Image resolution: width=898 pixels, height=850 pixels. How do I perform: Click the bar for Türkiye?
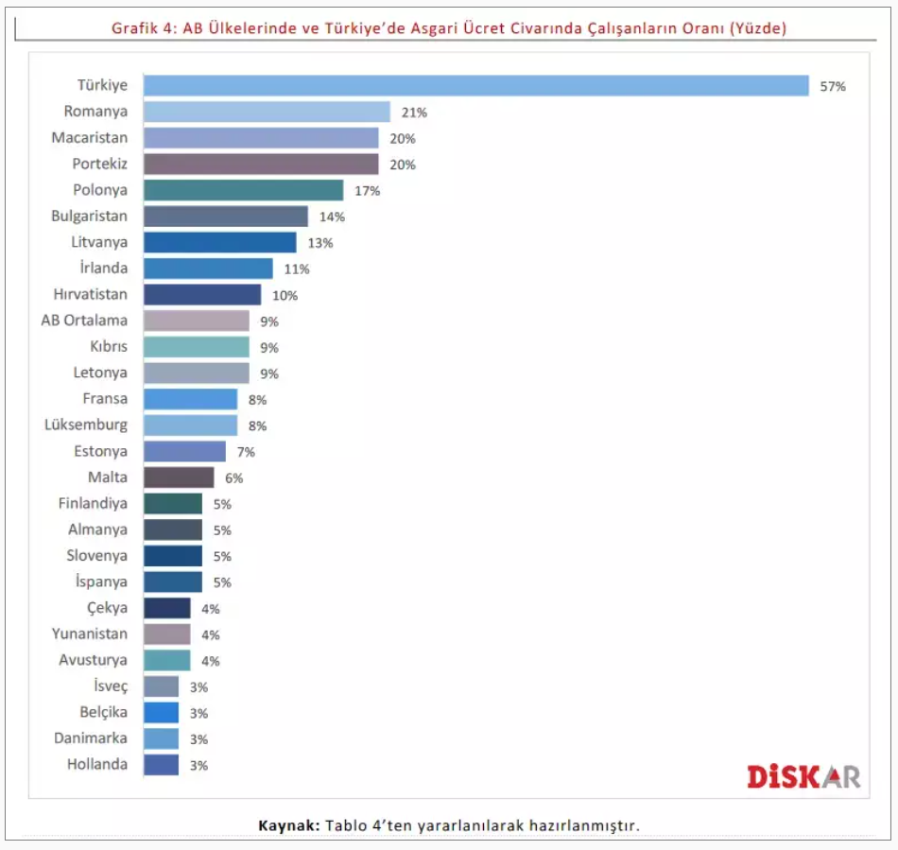pyautogui.click(x=475, y=86)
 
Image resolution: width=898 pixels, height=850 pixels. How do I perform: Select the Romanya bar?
pyautogui.click(x=267, y=112)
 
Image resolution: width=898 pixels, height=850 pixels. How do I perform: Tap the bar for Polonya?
pyautogui.click(x=243, y=190)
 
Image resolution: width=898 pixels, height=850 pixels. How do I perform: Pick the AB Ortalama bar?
pyautogui.click(x=196, y=321)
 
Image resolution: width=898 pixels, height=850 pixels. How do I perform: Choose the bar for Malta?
pyautogui.click(x=179, y=477)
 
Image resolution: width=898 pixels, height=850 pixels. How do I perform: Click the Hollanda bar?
pyautogui.click(x=161, y=765)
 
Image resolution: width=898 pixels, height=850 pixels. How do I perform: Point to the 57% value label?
pyautogui.click(x=833, y=86)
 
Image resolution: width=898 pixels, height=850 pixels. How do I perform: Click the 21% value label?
pyautogui.click(x=414, y=113)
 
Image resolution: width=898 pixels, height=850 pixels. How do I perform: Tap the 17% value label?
pyautogui.click(x=367, y=191)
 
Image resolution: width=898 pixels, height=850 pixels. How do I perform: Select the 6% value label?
pyautogui.click(x=233, y=478)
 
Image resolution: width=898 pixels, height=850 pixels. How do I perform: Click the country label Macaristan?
pyautogui.click(x=89, y=138)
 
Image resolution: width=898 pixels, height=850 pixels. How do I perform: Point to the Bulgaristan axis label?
pyautogui.click(x=89, y=217)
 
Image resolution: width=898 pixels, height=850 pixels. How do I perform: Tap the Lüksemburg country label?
pyautogui.click(x=85, y=425)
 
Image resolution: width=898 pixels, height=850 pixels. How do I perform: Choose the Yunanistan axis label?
pyautogui.click(x=90, y=634)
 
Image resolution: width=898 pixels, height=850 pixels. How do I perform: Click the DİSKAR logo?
pyautogui.click(x=803, y=777)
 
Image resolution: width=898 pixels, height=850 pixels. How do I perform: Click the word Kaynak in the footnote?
pyautogui.click(x=289, y=825)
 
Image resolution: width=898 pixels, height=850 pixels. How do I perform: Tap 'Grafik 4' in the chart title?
pyautogui.click(x=141, y=28)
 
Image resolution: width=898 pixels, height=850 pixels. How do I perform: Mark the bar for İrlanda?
pyautogui.click(x=208, y=269)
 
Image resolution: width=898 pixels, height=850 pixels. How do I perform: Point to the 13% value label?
pyautogui.click(x=319, y=243)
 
